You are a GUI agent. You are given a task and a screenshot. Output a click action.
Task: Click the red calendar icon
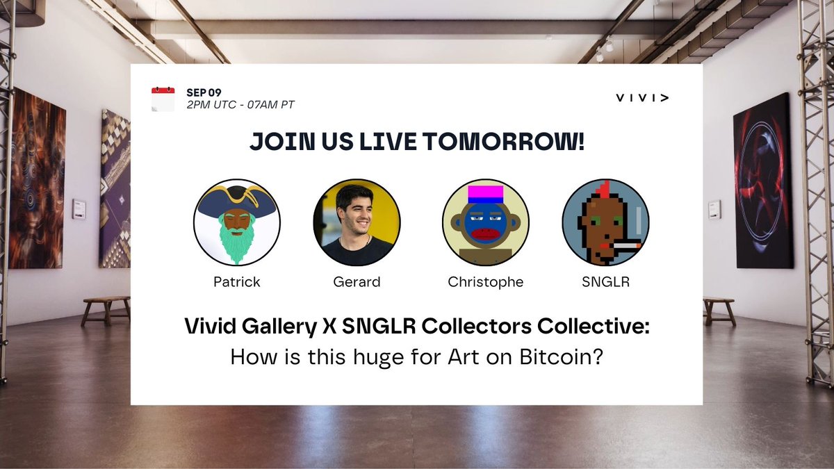click(163, 99)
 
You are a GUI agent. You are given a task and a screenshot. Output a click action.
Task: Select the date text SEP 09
click(204, 92)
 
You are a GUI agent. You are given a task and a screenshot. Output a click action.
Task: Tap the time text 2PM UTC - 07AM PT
click(240, 105)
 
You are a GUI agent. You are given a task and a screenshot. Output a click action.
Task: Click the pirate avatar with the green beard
click(236, 222)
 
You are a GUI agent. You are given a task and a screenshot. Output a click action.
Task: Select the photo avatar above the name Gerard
click(357, 222)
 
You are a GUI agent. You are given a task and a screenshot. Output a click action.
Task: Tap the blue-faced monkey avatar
click(485, 222)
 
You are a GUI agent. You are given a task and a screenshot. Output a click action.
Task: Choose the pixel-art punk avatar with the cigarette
click(605, 222)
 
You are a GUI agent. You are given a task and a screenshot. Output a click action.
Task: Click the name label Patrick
click(236, 281)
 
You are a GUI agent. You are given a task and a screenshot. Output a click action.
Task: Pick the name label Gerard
click(357, 281)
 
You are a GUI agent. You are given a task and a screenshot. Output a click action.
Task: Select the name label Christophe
click(485, 281)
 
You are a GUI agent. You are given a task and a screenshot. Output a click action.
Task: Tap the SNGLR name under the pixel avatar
click(605, 281)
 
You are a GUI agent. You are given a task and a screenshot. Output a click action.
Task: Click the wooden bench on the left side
click(106, 308)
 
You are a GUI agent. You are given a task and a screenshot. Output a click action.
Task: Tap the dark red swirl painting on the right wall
click(763, 181)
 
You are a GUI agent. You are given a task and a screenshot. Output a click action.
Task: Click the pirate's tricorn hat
click(236, 200)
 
